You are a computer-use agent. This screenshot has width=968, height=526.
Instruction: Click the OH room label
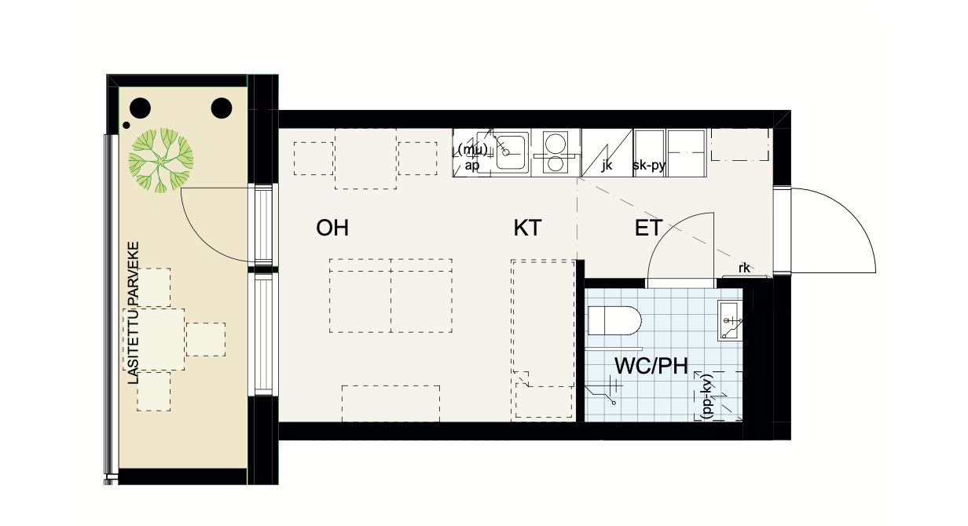point(332,228)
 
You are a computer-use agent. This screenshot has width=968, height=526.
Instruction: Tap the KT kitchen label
point(527,228)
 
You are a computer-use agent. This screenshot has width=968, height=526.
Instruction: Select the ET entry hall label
point(648,228)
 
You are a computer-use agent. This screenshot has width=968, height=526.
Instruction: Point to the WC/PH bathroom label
point(651,366)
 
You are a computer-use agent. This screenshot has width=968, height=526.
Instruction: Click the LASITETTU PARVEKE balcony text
point(134,312)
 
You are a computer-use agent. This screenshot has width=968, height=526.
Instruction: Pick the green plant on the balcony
point(161,160)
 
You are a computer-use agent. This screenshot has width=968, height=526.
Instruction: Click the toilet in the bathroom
point(614,320)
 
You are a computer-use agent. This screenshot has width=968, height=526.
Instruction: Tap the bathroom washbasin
point(730,320)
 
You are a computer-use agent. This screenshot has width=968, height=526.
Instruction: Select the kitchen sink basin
point(512,152)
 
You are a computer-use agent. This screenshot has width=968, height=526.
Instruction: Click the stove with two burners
point(555,153)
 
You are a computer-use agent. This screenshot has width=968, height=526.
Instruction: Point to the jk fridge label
point(607,165)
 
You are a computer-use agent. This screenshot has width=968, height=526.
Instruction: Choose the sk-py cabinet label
point(649,166)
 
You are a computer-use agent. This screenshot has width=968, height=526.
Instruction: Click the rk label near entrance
point(744,268)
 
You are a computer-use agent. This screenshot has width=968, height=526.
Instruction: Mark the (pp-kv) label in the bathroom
point(707,396)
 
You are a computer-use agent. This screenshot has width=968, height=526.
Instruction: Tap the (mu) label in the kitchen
point(472,149)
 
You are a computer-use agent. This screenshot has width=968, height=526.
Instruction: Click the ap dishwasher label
point(472,165)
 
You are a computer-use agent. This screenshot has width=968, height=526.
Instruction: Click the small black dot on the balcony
point(126,126)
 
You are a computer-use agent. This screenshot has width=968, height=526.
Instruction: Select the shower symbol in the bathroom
point(603,391)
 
